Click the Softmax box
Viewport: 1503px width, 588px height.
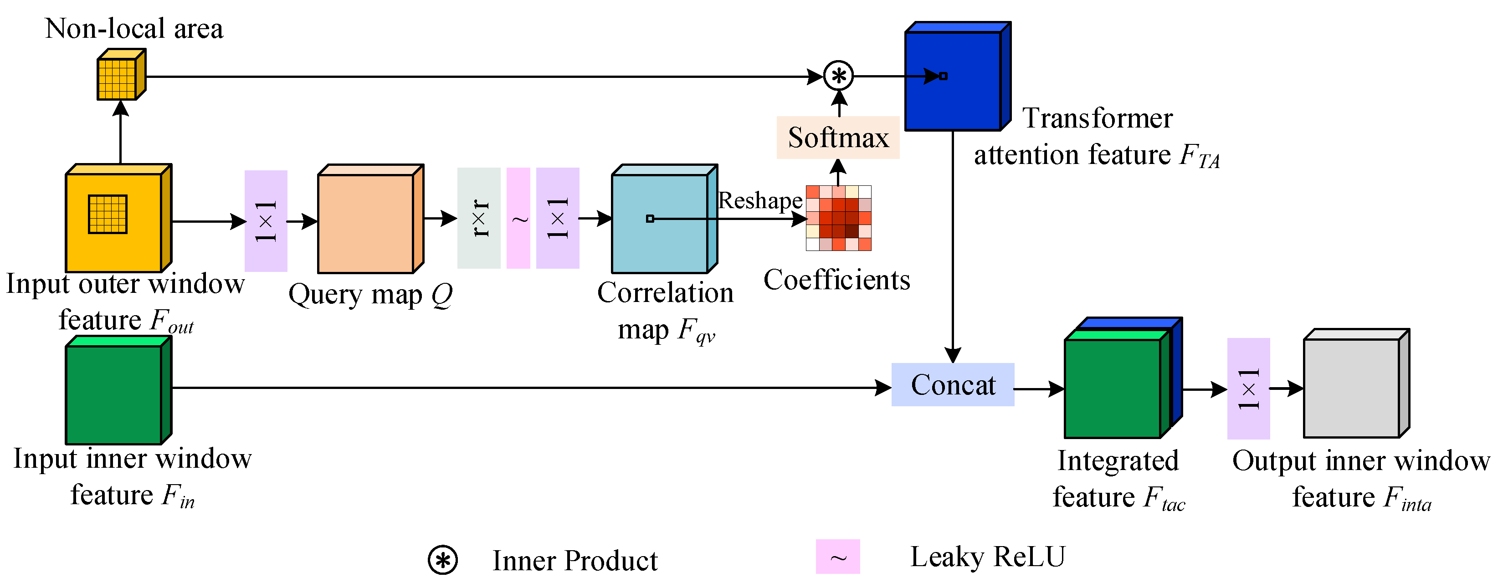click(x=838, y=138)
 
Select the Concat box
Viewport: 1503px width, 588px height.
click(x=952, y=385)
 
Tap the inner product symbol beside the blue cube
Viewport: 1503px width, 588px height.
click(x=838, y=76)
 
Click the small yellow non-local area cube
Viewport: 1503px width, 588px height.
click(x=120, y=76)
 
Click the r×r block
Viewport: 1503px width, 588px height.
click(x=478, y=218)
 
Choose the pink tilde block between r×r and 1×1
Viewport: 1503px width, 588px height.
click(x=518, y=218)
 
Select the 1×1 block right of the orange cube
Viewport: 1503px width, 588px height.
click(x=266, y=221)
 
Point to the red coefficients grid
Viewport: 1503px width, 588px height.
click(x=838, y=218)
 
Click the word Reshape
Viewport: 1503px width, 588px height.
click(x=759, y=201)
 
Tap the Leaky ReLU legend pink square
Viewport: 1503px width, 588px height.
click(x=837, y=557)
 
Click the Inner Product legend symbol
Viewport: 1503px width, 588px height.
click(x=442, y=561)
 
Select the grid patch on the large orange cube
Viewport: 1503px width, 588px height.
click(x=108, y=214)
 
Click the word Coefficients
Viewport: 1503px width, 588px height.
click(x=836, y=280)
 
